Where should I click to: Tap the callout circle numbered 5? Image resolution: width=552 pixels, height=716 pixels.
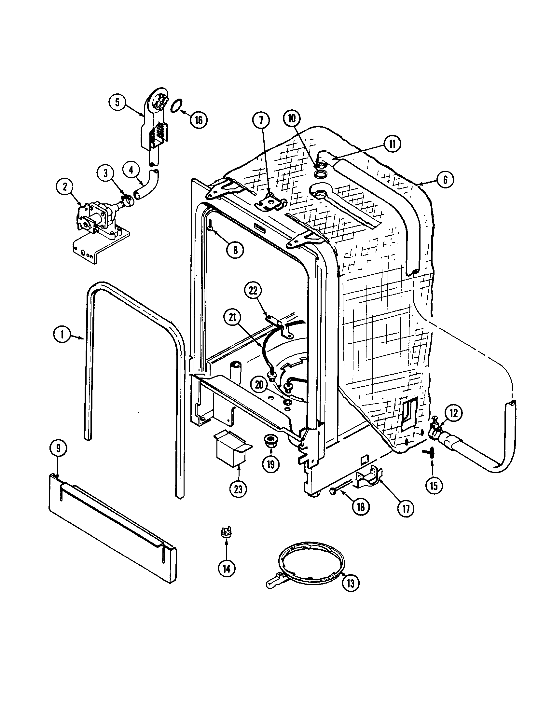[117, 102]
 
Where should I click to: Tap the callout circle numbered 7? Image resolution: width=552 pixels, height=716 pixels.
[261, 121]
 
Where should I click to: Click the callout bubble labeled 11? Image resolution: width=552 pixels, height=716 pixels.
[393, 144]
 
